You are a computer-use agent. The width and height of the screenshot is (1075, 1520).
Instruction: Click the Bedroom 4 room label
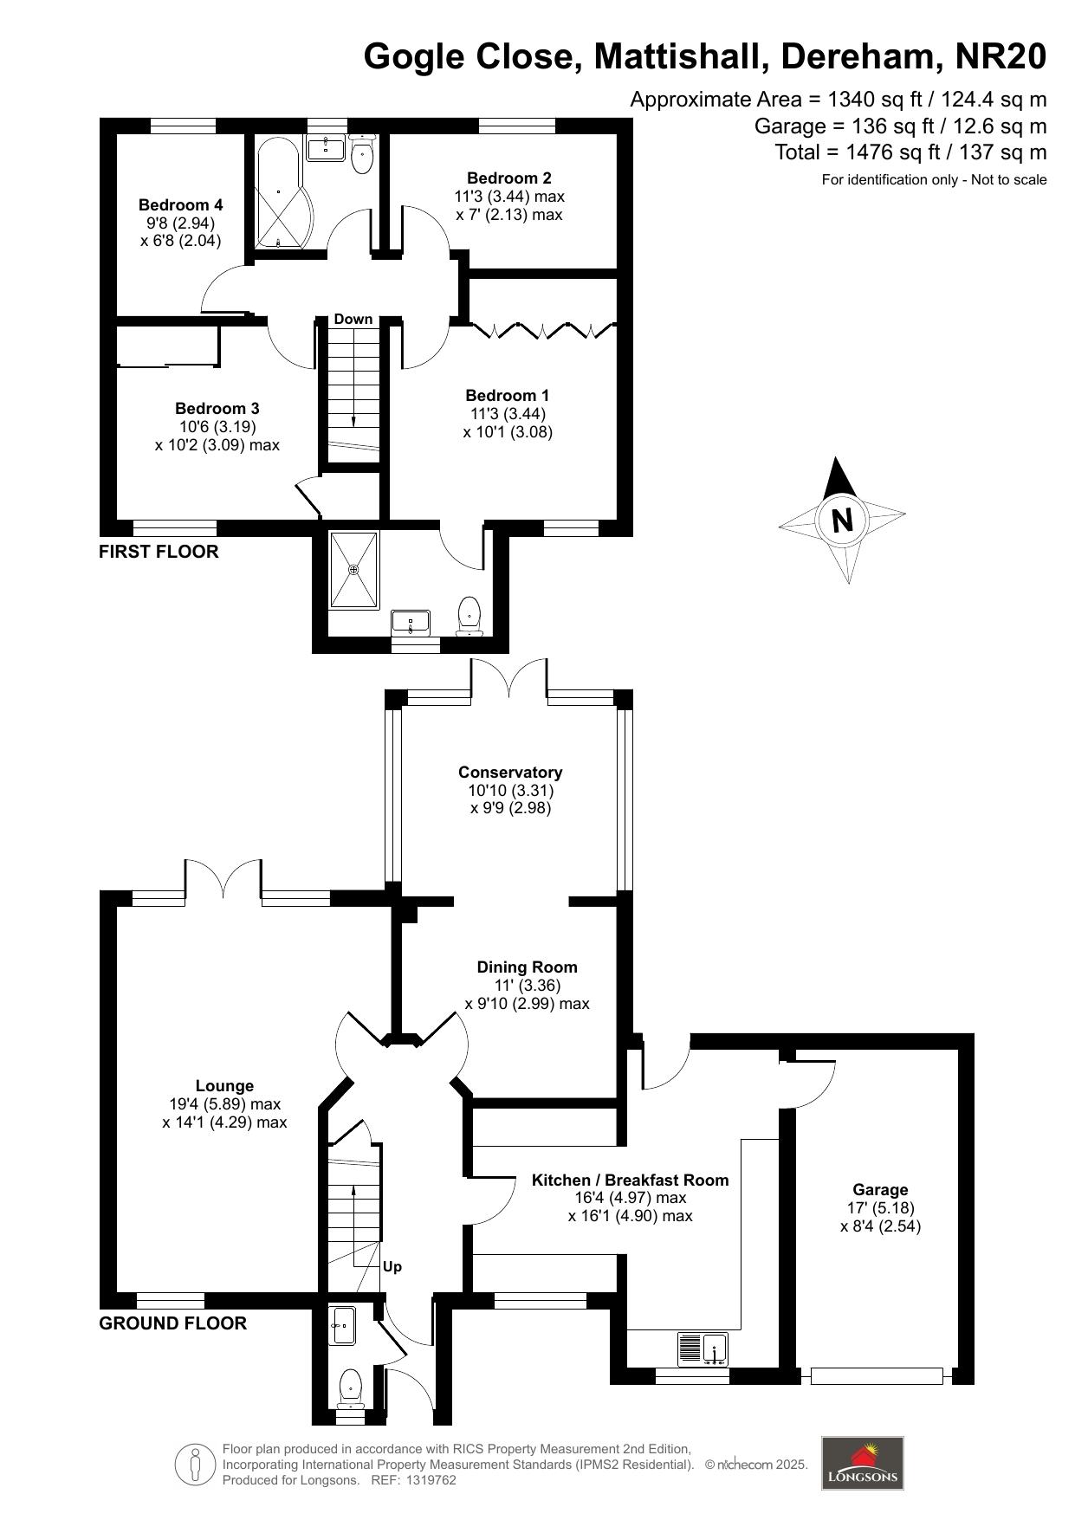pyautogui.click(x=180, y=205)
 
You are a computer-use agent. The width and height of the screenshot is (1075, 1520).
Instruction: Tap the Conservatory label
pyautogui.click(x=510, y=773)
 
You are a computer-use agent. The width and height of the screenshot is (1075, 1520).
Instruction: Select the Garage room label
pyautogui.click(x=880, y=1190)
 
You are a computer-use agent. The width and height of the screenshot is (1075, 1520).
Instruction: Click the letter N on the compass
pyautogui.click(x=842, y=521)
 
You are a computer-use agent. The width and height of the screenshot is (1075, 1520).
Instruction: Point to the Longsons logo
pyautogui.click(x=862, y=1463)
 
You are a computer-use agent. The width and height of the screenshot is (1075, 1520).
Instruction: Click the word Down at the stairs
pyautogui.click(x=353, y=319)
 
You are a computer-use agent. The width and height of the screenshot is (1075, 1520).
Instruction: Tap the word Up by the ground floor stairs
pyautogui.click(x=392, y=1266)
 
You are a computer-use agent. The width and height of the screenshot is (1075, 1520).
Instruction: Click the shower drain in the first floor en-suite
pyautogui.click(x=353, y=570)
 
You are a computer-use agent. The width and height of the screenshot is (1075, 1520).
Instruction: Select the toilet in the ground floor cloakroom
pyautogui.click(x=350, y=1385)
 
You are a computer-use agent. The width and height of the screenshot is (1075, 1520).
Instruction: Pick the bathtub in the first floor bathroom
pyautogui.click(x=278, y=191)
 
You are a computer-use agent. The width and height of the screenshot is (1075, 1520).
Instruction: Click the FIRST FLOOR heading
pyautogui.click(x=159, y=552)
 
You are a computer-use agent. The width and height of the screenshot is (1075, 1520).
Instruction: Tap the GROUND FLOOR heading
pyautogui.click(x=173, y=1323)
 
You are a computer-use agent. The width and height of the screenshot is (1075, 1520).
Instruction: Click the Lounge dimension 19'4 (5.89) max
pyautogui.click(x=225, y=1104)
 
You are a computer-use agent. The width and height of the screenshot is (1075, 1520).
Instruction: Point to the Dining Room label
pyautogui.click(x=527, y=967)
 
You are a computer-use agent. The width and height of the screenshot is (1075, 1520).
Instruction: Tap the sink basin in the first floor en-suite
pyautogui.click(x=411, y=622)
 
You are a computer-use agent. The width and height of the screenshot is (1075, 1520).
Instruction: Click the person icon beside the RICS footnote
pyautogui.click(x=195, y=1465)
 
